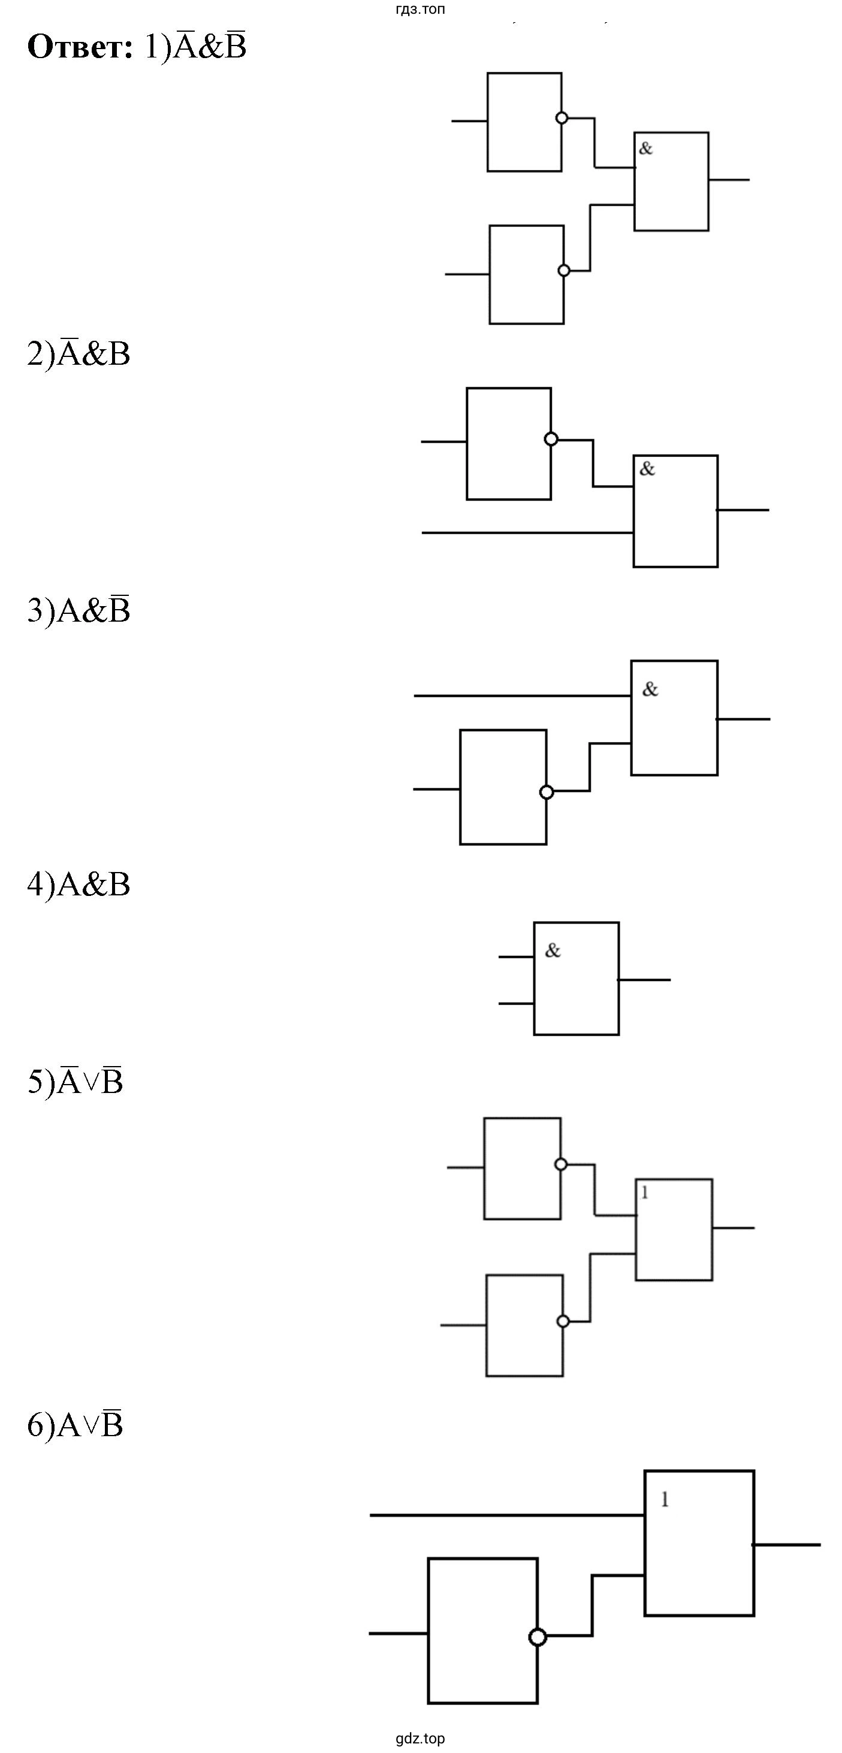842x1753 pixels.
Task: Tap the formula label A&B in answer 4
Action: point(93,884)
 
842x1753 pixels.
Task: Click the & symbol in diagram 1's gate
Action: point(646,148)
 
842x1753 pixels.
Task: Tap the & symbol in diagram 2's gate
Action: point(647,468)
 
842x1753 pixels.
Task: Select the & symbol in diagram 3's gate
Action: point(650,689)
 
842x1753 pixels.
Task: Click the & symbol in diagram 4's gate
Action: point(553,950)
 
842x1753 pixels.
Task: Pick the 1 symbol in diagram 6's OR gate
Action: point(665,1499)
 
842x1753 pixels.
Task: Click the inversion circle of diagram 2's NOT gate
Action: point(551,439)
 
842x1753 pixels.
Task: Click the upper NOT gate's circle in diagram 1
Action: point(562,118)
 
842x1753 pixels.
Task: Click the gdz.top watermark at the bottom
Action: point(420,1739)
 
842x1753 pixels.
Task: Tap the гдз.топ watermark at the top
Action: point(421,10)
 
